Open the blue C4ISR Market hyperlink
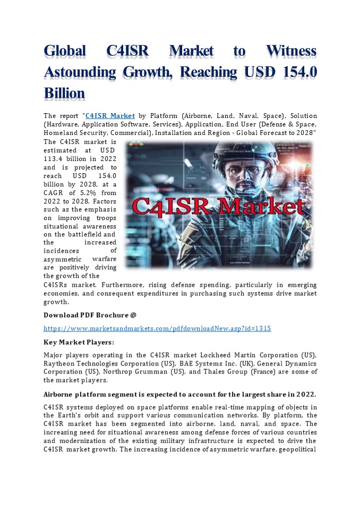[x=110, y=116]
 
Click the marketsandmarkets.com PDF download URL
[x=157, y=329]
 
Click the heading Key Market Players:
[x=79, y=343]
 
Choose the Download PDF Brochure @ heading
[x=86, y=315]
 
